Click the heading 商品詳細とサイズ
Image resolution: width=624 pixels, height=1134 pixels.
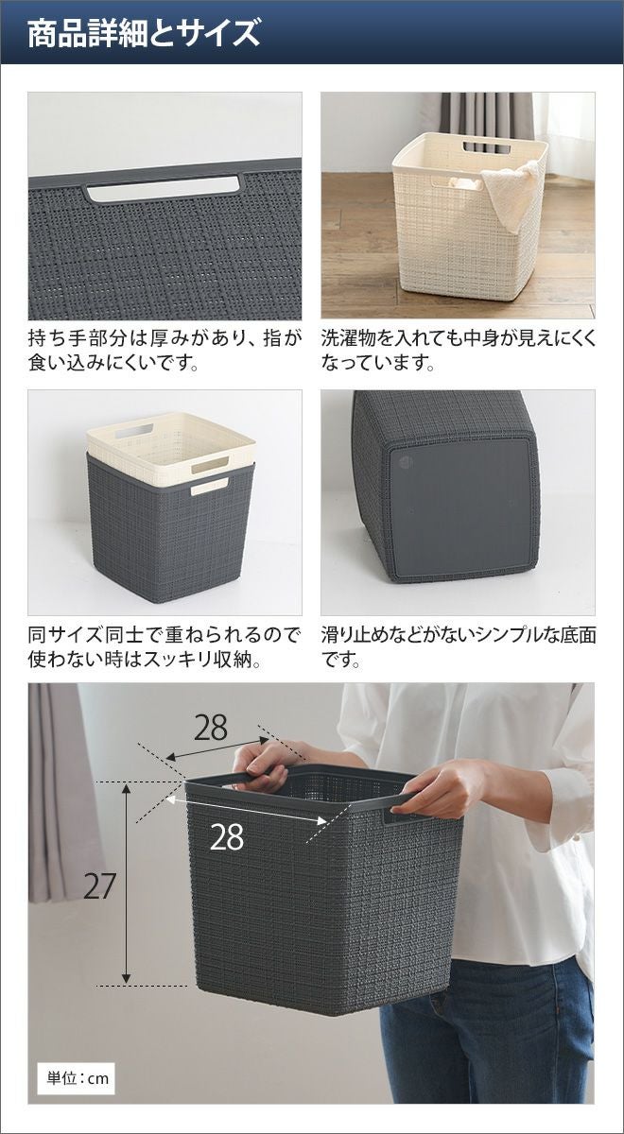click(144, 33)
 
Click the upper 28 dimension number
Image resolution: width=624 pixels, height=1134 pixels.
click(211, 728)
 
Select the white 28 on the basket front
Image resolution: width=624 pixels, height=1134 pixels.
click(226, 837)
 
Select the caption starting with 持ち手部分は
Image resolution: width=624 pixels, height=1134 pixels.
click(165, 351)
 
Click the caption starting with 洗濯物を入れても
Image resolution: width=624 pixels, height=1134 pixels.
click(459, 351)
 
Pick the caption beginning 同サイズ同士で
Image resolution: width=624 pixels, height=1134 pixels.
click(165, 647)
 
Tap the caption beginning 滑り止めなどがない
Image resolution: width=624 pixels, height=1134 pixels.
click(459, 647)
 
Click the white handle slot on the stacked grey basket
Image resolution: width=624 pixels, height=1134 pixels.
click(210, 487)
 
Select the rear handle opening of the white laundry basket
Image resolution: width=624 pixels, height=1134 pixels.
click(487, 146)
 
